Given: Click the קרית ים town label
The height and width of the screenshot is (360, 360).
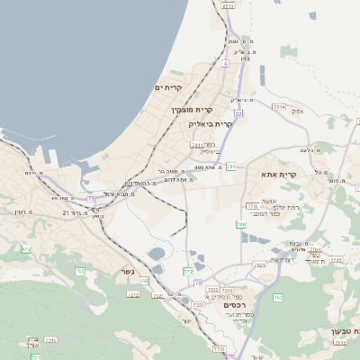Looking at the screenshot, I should (x=168, y=87).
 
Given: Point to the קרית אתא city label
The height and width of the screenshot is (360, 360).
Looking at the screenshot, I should (x=279, y=174).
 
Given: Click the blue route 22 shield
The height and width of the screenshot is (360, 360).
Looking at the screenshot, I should (x=238, y=115).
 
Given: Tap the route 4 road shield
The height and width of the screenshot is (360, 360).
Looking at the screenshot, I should (x=225, y=64).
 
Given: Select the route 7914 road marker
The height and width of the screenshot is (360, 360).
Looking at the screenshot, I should (x=279, y=106).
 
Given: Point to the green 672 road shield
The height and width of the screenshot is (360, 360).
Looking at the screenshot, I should (x=26, y=248).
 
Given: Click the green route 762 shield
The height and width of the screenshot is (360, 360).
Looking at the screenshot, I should (x=278, y=297).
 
